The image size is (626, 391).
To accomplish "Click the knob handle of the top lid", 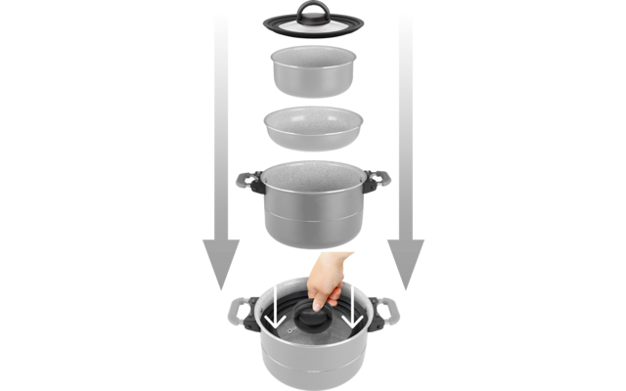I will (x=314, y=11).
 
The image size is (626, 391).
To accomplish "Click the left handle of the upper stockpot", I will (x=248, y=181).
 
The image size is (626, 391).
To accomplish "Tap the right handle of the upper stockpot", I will (x=379, y=181).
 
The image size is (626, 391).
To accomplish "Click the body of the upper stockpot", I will (x=314, y=215).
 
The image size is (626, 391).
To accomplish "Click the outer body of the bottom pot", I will (x=314, y=367).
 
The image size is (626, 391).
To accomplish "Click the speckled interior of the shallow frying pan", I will (x=314, y=120).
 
